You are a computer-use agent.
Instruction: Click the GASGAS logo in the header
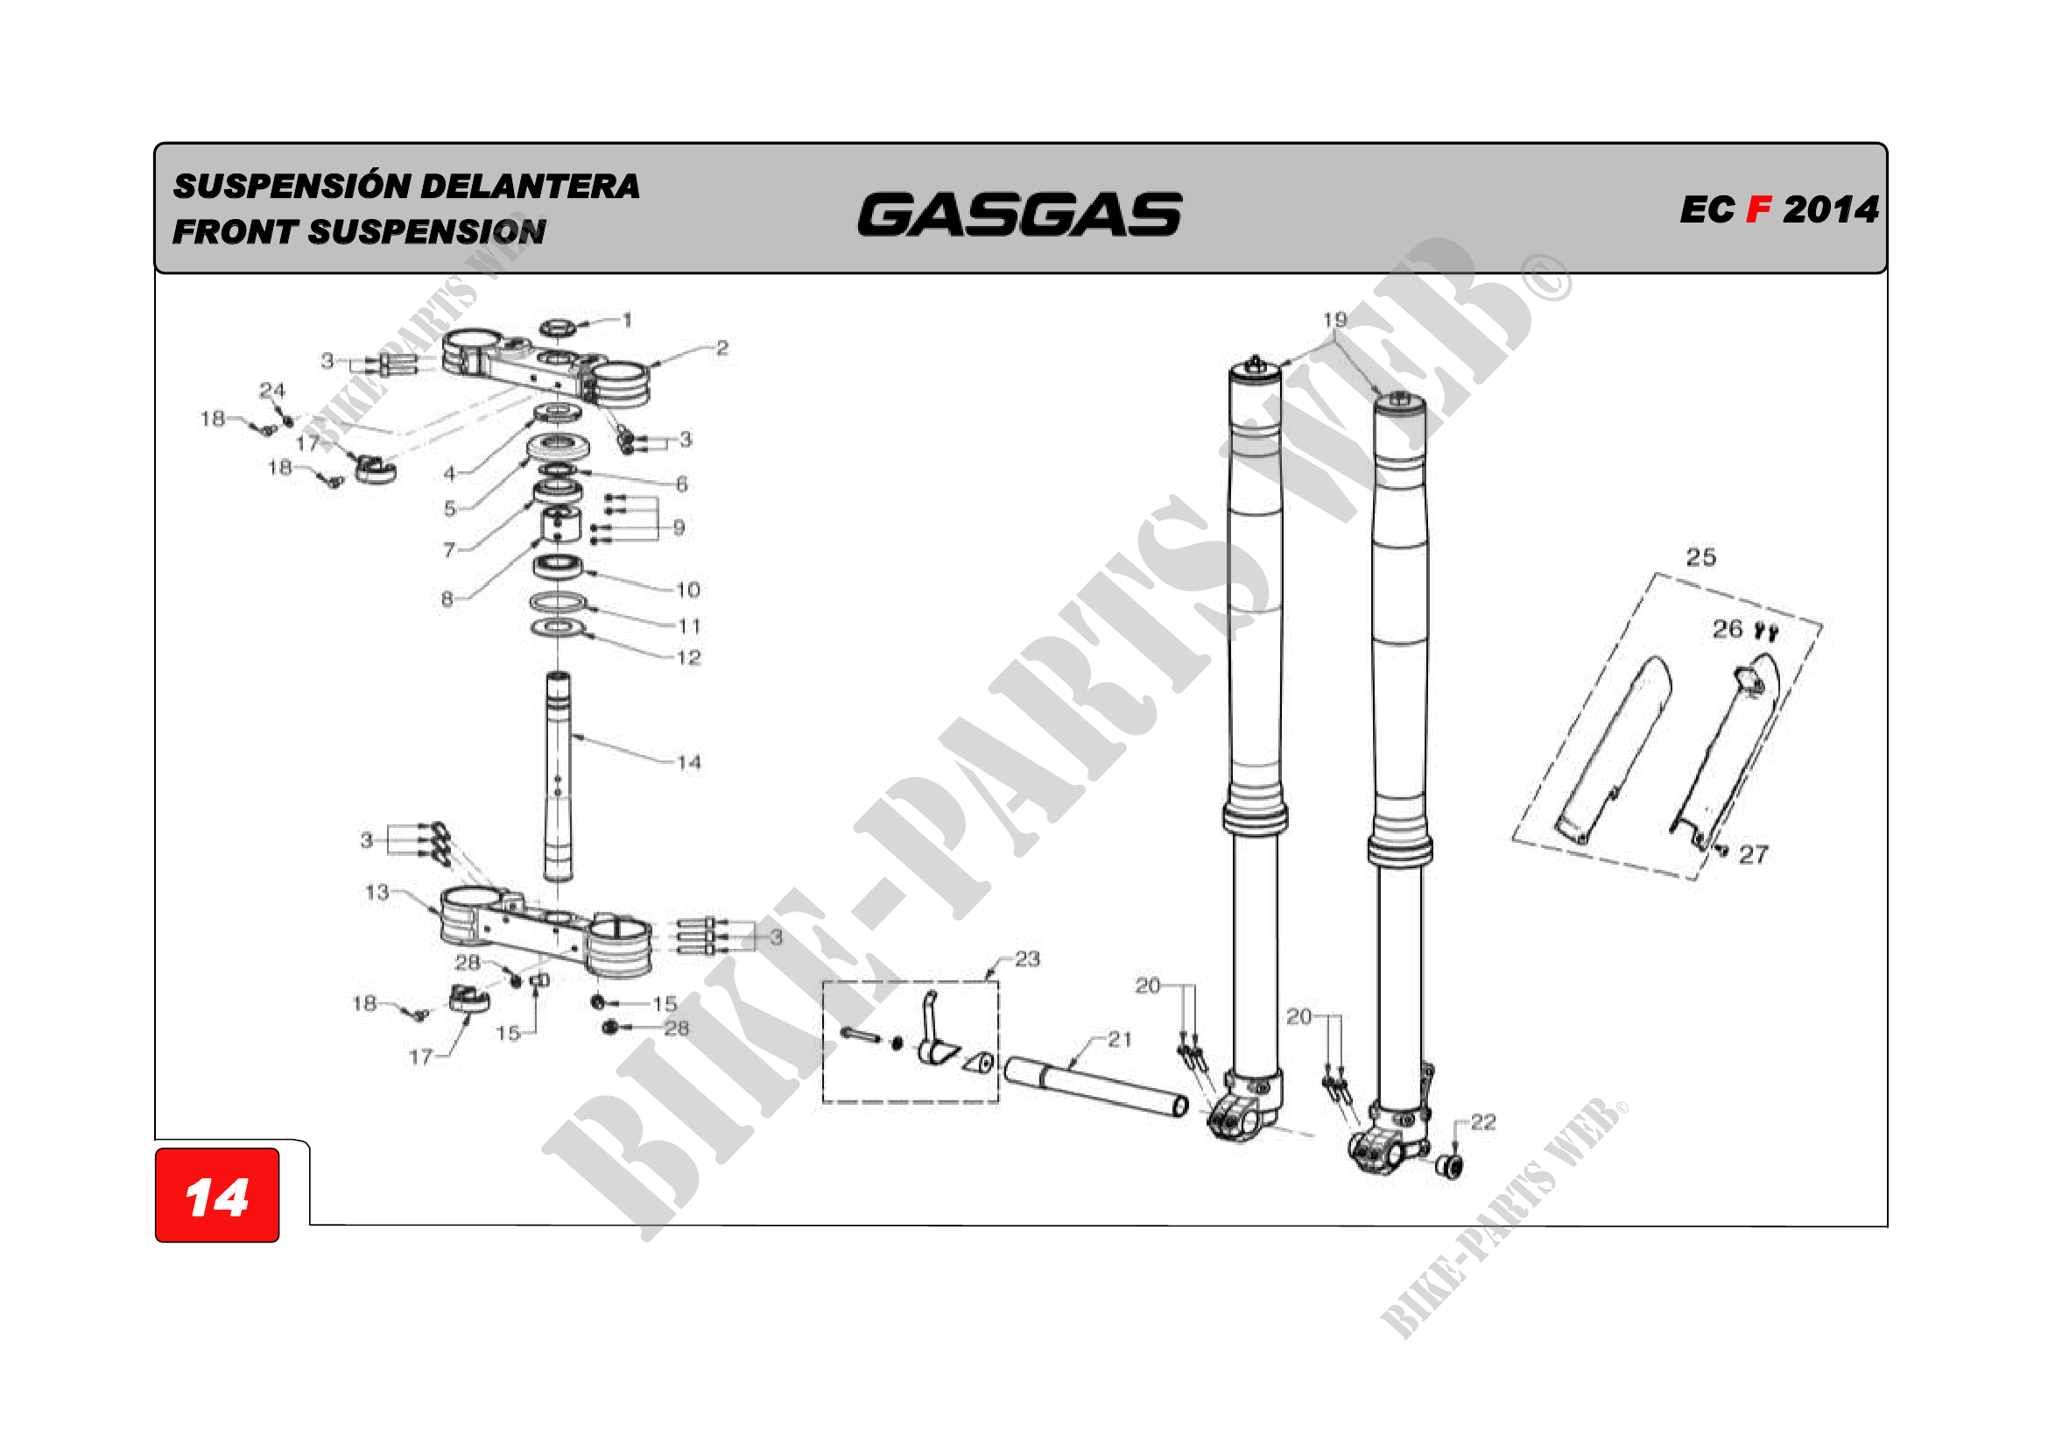pyautogui.click(x=1019, y=214)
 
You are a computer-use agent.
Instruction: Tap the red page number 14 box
pyautogui.click(x=217, y=1196)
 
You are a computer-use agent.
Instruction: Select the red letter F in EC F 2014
pyautogui.click(x=1758, y=209)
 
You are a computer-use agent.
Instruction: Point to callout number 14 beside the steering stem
pyautogui.click(x=688, y=763)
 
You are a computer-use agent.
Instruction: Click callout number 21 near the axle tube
pyautogui.click(x=1121, y=1040)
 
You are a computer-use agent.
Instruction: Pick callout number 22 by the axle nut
pyautogui.click(x=1483, y=1122)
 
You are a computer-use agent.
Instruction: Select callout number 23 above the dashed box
pyautogui.click(x=1028, y=959)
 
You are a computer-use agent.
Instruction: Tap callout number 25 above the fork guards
pyautogui.click(x=1701, y=558)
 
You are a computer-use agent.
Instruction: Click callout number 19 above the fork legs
pyautogui.click(x=1334, y=320)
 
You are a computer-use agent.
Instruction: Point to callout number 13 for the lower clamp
pyautogui.click(x=377, y=892)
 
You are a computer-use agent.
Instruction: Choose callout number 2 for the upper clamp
pyautogui.click(x=722, y=348)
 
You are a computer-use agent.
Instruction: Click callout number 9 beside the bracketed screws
pyautogui.click(x=679, y=527)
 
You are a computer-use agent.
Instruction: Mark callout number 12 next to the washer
pyautogui.click(x=688, y=659)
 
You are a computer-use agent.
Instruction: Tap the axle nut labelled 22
pyautogui.click(x=1450, y=1165)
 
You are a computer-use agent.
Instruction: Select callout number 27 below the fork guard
pyautogui.click(x=1753, y=855)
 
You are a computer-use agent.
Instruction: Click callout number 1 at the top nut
pyautogui.click(x=628, y=320)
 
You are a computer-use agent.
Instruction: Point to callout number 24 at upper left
pyautogui.click(x=272, y=390)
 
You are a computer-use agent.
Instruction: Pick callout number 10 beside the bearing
pyautogui.click(x=687, y=590)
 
